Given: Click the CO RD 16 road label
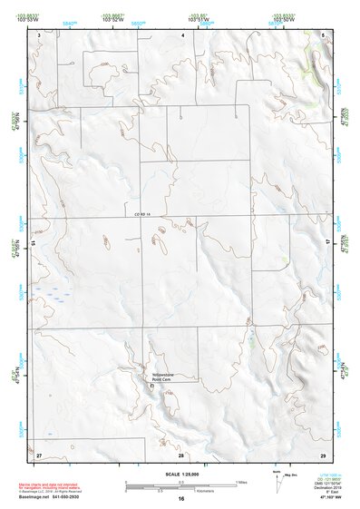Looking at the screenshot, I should (x=140, y=213).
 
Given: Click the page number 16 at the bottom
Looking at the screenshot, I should (x=181, y=498).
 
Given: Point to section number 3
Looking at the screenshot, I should (x=39, y=34).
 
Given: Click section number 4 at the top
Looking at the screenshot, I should (x=182, y=34).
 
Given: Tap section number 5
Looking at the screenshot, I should (x=324, y=34).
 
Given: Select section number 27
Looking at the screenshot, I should (x=39, y=454).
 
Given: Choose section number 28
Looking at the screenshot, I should (x=181, y=454).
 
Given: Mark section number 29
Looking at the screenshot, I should (x=323, y=454).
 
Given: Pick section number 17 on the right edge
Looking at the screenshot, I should (x=328, y=244).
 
